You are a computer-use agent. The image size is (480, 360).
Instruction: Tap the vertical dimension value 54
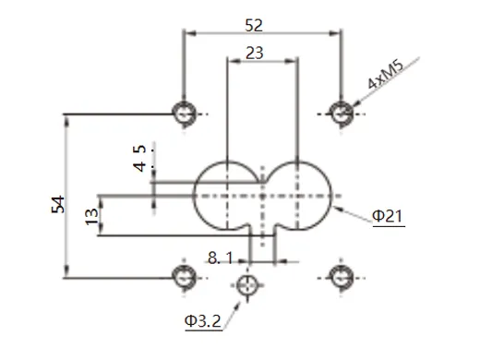(x=55, y=206)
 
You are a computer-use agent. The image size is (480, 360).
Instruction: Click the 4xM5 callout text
(x=385, y=77)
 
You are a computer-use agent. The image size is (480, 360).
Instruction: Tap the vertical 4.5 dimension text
(x=139, y=157)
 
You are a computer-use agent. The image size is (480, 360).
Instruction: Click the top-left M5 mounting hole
(x=185, y=113)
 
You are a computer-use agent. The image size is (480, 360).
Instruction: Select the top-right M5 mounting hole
(x=341, y=113)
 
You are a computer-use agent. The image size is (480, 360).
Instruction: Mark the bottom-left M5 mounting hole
(x=185, y=274)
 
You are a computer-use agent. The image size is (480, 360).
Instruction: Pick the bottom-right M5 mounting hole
(x=341, y=274)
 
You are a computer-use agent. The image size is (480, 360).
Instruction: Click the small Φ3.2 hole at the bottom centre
(x=246, y=285)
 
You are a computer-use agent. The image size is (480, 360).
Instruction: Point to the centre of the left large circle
(x=228, y=196)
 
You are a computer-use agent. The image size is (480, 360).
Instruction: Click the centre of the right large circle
(x=298, y=196)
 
